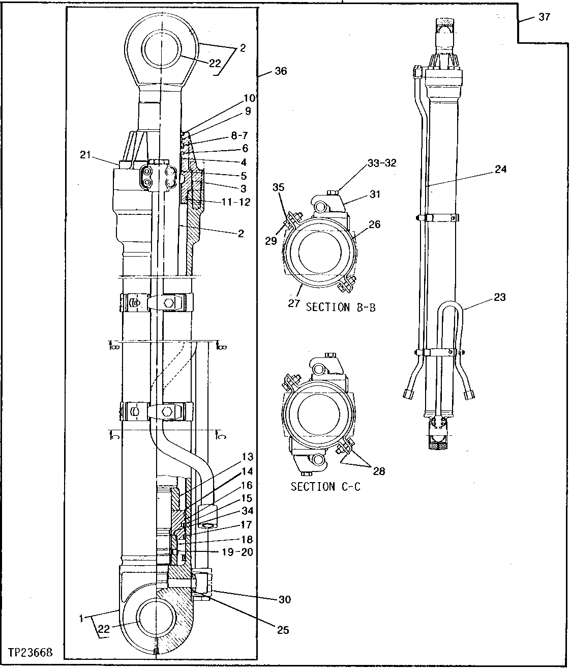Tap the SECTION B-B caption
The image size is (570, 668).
341,308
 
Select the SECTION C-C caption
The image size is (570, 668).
325,487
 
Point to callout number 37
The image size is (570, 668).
544,17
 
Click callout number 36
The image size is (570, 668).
281,71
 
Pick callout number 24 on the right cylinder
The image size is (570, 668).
501,169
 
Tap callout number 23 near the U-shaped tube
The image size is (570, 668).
500,297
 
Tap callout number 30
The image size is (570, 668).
285,599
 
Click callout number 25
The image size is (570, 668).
282,630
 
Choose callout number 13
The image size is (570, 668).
247,457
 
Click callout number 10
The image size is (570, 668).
249,98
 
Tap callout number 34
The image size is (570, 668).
248,511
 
